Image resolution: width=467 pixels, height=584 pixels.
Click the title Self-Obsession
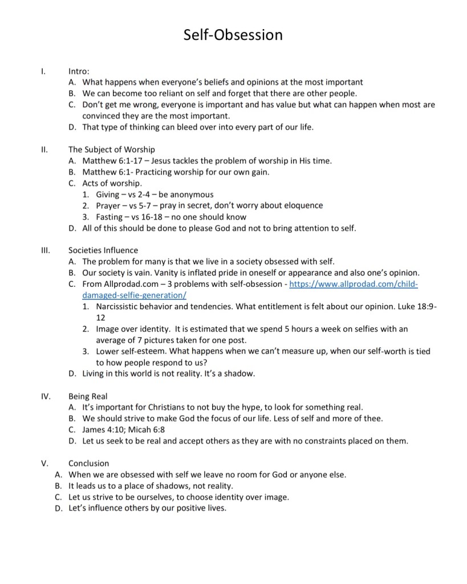click(x=233, y=35)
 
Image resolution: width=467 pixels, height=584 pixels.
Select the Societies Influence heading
click(x=103, y=250)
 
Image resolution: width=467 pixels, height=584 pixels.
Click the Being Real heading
click(x=88, y=396)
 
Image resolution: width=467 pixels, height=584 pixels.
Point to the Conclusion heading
click(x=88, y=463)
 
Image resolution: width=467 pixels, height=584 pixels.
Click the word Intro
click(x=79, y=71)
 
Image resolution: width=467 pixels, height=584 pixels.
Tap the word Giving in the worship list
click(x=108, y=194)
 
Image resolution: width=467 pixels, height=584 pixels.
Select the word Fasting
click(x=109, y=217)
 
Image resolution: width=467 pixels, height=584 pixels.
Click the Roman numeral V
click(x=44, y=463)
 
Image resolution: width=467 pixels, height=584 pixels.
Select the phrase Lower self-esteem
click(x=129, y=351)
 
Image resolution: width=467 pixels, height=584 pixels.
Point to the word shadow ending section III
click(x=241, y=374)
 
